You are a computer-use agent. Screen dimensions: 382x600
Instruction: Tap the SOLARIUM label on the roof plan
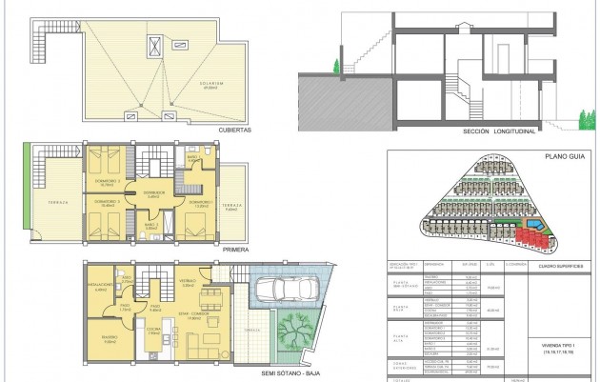tap(210, 84)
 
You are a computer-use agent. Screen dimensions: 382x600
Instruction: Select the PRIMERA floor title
tap(234, 249)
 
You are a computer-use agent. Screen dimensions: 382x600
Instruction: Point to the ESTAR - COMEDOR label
tap(194, 315)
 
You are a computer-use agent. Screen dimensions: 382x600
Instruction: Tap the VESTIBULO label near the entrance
tap(187, 281)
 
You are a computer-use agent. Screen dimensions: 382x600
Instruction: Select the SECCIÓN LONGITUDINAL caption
tap(500, 131)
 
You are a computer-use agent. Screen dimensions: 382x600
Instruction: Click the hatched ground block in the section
tap(343, 99)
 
